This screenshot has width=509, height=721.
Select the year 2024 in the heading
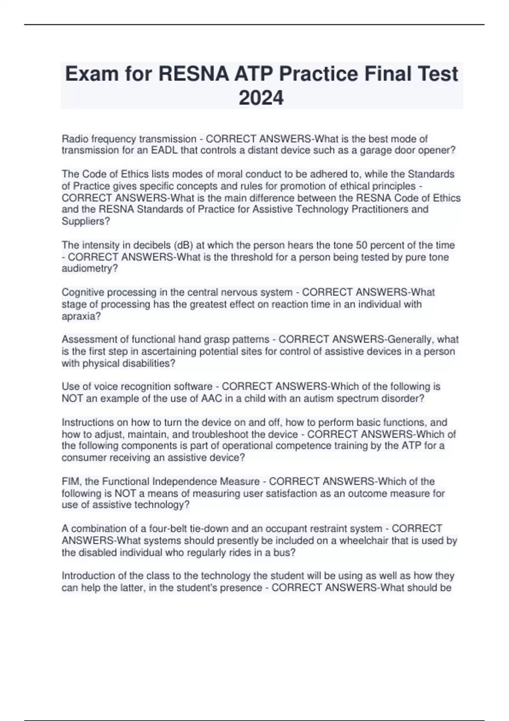[x=261, y=98]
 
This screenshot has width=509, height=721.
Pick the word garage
[x=375, y=151]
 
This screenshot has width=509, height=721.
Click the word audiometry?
[x=89, y=269]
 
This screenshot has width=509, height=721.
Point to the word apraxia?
[x=81, y=316]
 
